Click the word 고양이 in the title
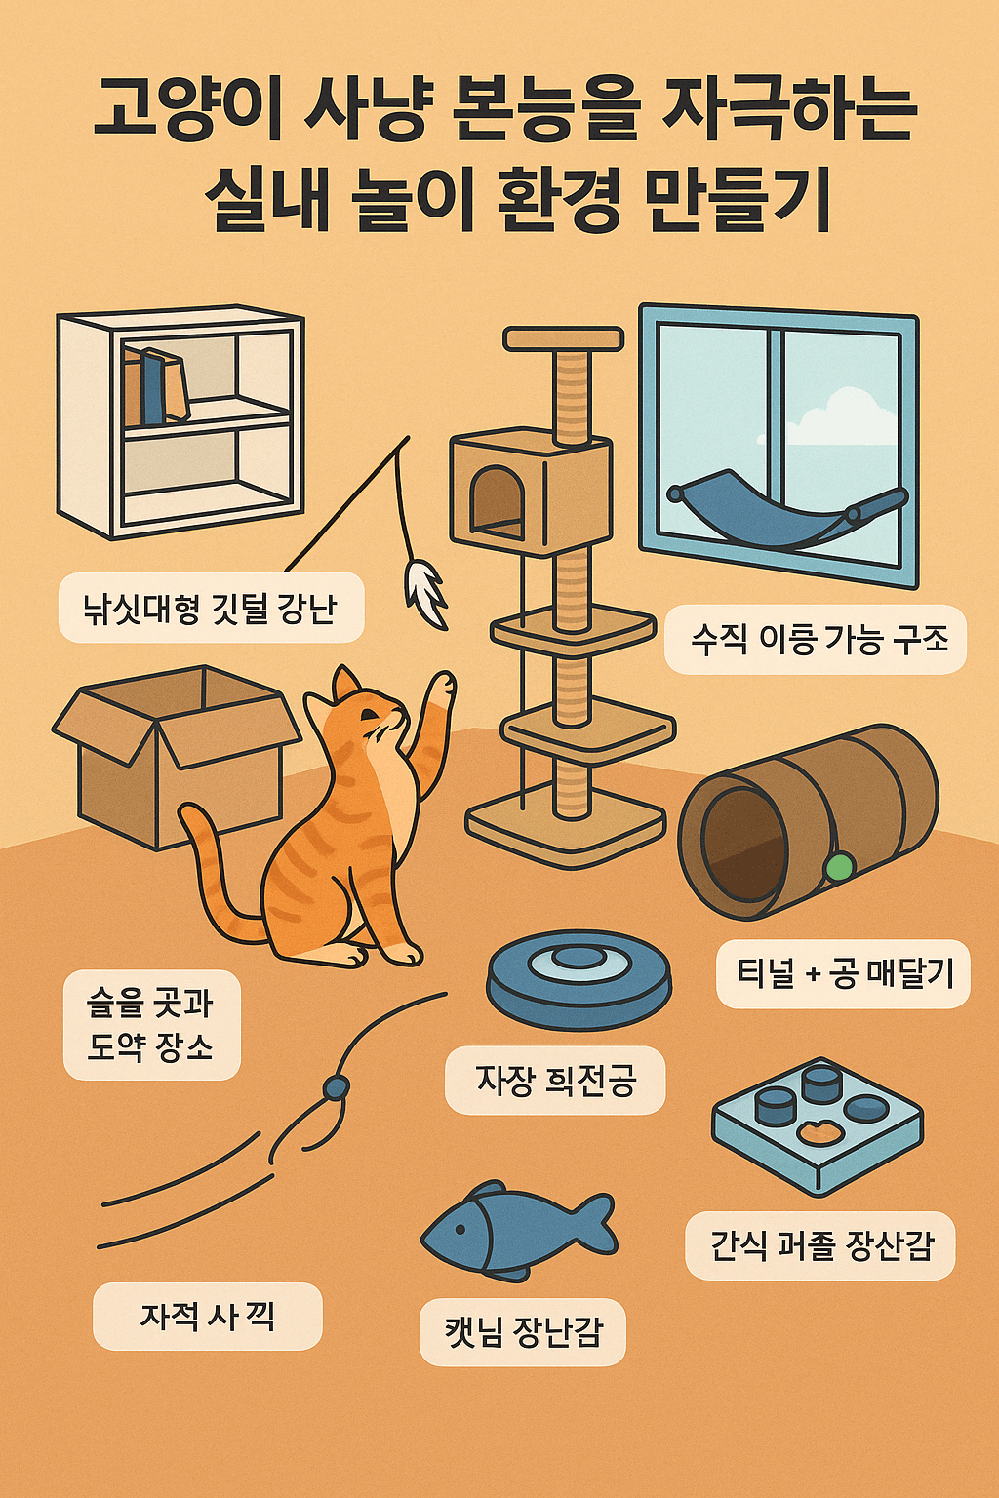pos(186,111)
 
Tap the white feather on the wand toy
pos(425,589)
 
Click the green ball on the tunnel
pos(838,865)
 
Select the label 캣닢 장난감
pos(523,1331)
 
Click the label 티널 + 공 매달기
pos(843,973)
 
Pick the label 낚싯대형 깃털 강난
pos(211,609)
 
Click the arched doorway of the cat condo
pos(496,501)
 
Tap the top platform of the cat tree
pos(563,339)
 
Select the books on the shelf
pos(154,387)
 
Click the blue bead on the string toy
pos(336,1086)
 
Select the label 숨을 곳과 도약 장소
pos(151,1025)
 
